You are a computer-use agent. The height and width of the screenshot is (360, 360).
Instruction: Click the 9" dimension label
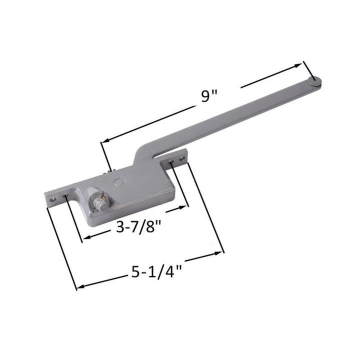pos(207,95)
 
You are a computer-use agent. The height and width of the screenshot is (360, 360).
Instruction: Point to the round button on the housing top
pos(117,183)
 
